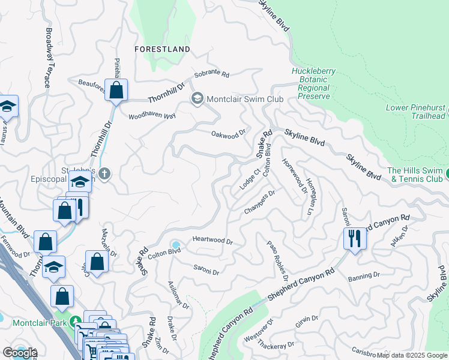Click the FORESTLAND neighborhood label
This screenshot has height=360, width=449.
coord(162,49)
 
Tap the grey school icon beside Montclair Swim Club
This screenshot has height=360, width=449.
coord(197,98)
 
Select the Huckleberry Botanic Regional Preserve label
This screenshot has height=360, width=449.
coord(310,83)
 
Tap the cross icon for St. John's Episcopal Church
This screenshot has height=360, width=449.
coord(104,174)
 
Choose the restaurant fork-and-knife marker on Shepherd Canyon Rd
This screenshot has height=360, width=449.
coord(354,238)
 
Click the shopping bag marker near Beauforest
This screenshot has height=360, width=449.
coord(117,91)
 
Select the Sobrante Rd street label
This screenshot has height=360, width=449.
coord(211,76)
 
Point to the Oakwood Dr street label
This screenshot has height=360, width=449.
coord(229,133)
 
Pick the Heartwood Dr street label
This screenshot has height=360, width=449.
coord(212,240)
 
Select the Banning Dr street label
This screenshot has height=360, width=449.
coord(364,275)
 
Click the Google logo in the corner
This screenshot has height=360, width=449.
coord(20,352)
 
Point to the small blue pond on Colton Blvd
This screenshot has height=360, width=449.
coord(175,245)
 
